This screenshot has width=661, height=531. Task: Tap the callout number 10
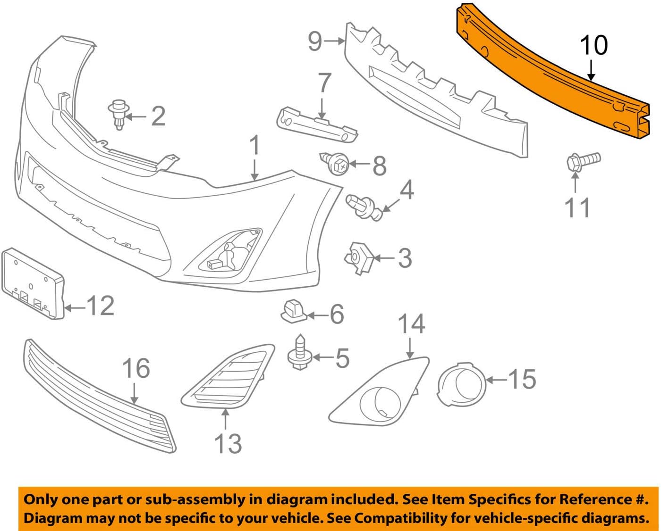point(593,46)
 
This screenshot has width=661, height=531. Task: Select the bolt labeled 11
point(582,161)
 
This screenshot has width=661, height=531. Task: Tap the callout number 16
point(136,368)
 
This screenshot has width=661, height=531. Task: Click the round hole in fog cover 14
point(380,404)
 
